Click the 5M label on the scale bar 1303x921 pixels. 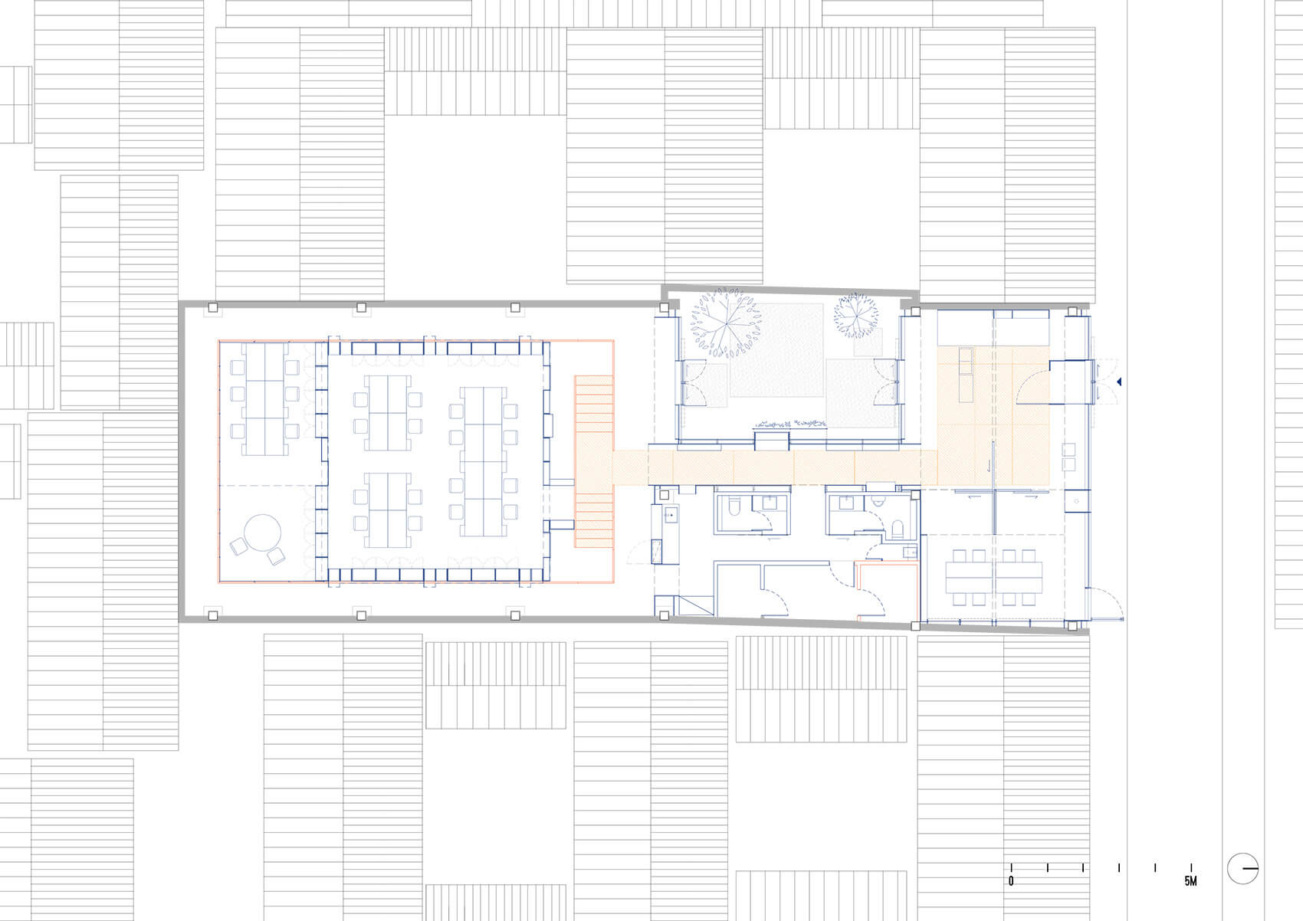click(1190, 882)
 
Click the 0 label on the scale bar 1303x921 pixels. click(1011, 882)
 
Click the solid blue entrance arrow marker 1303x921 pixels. click(1121, 382)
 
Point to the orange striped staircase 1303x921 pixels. click(595, 460)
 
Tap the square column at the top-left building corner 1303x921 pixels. click(213, 308)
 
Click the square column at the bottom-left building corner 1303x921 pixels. click(212, 614)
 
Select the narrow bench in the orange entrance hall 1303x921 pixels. click(964, 375)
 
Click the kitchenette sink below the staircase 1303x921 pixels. click(669, 515)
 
